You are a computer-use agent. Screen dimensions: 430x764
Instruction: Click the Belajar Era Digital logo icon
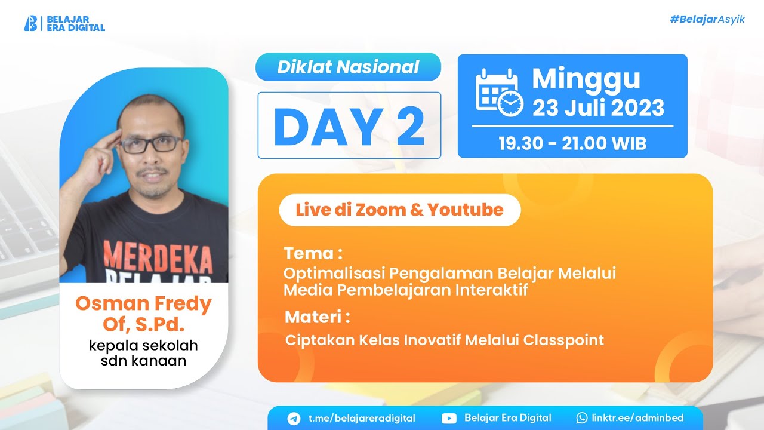[x=30, y=23]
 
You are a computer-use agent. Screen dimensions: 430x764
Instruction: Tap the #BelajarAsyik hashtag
[x=707, y=20]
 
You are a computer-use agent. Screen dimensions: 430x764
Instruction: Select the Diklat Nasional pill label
[x=348, y=67]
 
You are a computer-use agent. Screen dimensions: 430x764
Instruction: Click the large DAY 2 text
[x=349, y=127]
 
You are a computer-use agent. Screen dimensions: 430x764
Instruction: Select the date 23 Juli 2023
[x=598, y=108]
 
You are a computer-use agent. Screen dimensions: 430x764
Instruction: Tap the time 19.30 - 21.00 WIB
[x=572, y=143]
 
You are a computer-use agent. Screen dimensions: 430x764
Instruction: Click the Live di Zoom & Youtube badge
[x=399, y=210]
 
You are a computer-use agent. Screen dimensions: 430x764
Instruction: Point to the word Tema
[x=309, y=253]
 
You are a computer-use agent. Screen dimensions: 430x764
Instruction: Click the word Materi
[x=313, y=316]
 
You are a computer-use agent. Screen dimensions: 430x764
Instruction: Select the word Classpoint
[x=563, y=340]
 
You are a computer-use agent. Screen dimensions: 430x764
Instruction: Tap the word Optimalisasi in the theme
[x=334, y=274]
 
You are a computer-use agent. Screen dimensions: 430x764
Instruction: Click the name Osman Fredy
[x=143, y=303]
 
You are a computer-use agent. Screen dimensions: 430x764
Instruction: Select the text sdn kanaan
[x=143, y=360]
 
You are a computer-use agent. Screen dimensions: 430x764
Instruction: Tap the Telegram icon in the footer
[x=294, y=418]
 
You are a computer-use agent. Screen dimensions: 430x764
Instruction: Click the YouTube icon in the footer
[x=449, y=418]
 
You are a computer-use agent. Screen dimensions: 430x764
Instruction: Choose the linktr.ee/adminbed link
[x=637, y=418]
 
